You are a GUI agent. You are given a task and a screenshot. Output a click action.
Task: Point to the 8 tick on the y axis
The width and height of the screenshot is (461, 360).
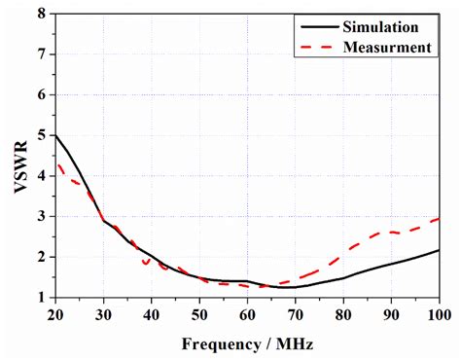pos(42,15)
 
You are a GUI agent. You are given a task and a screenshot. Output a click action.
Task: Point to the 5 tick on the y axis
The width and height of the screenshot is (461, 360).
pos(42,135)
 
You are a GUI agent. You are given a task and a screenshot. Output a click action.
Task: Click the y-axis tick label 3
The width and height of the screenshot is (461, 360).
pos(42,216)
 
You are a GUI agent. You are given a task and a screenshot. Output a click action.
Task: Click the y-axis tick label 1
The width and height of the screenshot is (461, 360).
pos(42,297)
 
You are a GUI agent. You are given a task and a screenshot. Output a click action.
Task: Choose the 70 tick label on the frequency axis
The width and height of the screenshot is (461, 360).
pos(296,313)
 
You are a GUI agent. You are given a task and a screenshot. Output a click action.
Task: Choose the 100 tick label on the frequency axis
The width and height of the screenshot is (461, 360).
pos(440,313)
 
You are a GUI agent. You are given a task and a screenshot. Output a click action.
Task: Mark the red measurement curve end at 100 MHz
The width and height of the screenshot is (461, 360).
pos(440,218)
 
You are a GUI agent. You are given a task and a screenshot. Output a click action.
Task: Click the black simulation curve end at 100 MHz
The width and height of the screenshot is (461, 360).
pos(440,250)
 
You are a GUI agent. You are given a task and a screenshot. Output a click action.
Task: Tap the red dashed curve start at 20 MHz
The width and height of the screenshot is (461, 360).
pos(56,164)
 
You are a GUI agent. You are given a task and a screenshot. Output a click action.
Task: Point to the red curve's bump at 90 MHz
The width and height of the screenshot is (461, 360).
pos(390,232)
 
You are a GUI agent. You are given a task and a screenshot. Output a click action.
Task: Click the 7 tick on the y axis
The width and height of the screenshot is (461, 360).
pos(42,54)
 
